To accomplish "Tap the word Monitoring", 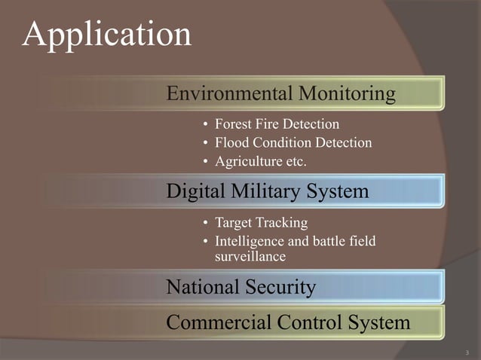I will (348, 93).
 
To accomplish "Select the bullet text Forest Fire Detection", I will (277, 124).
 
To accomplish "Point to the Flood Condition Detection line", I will (293, 142).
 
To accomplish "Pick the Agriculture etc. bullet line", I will (261, 161).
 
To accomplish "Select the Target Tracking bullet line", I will (261, 223).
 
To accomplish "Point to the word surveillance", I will (250, 257).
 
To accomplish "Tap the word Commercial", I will (214, 323).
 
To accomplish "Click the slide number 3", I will (467, 351).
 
